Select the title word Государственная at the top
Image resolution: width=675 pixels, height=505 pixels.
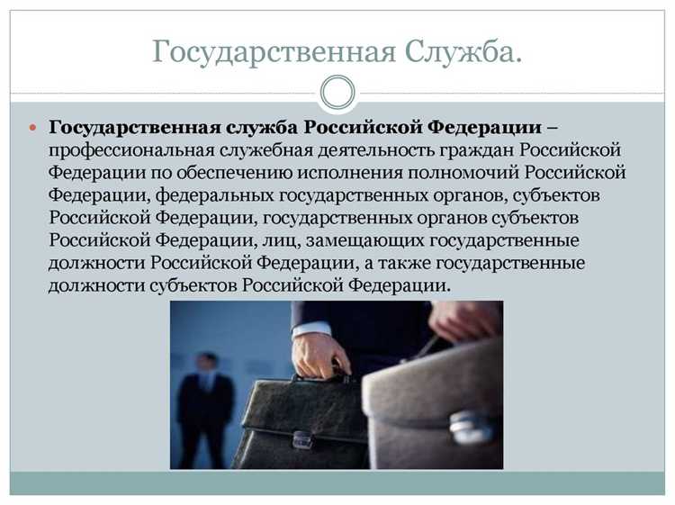pyautogui.click(x=274, y=51)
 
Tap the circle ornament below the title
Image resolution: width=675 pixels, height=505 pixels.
pyautogui.click(x=337, y=91)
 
